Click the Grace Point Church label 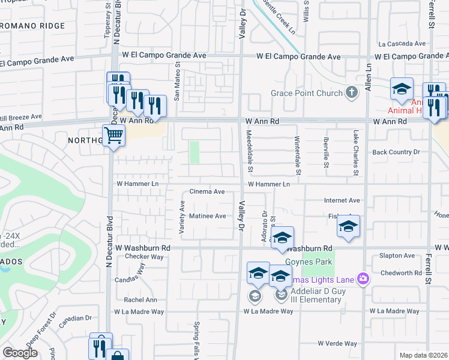(x=306, y=93)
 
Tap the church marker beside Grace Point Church (x=352, y=92)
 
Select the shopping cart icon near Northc (x=113, y=135)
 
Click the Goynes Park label (x=318, y=262)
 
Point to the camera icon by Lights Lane (x=363, y=278)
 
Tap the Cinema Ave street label (x=207, y=192)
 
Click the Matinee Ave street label (x=207, y=216)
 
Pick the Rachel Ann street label (x=140, y=300)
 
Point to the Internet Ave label (x=342, y=200)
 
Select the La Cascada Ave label (x=402, y=44)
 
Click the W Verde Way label (x=337, y=344)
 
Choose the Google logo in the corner (x=20, y=353)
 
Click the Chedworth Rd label (x=401, y=272)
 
